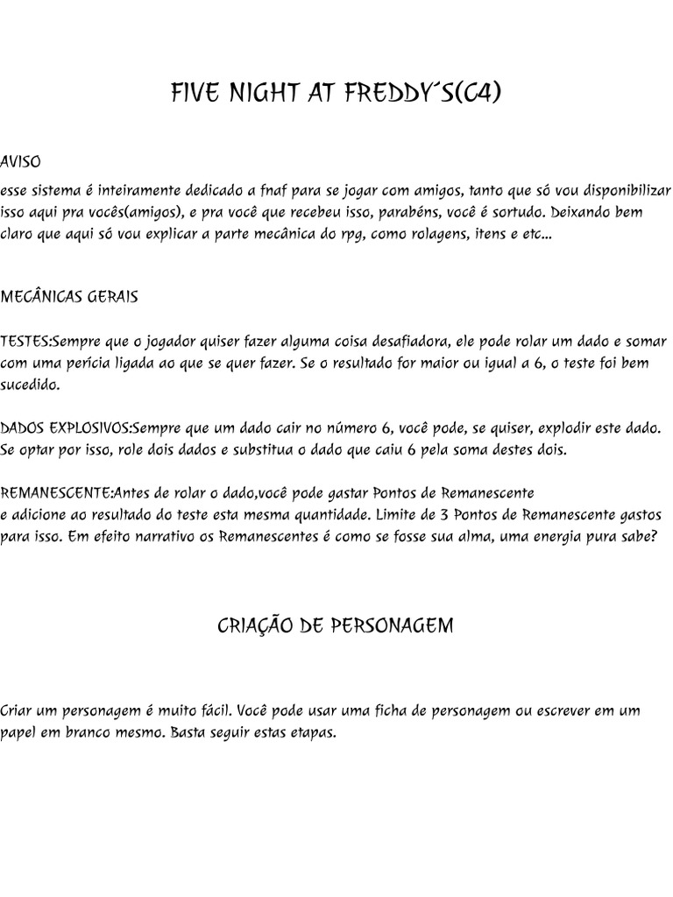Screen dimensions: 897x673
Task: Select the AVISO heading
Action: (x=20, y=163)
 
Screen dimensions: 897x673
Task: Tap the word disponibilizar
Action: (x=624, y=189)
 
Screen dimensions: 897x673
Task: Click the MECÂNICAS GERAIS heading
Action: (x=69, y=297)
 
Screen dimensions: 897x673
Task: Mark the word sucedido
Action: (x=31, y=384)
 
